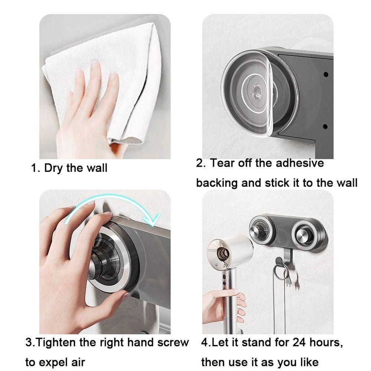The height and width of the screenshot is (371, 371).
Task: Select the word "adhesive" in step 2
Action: (300, 163)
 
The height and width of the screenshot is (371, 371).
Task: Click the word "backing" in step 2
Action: (217, 183)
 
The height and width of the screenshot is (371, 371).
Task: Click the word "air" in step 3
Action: (77, 362)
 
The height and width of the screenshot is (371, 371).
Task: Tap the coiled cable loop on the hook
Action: (280, 269)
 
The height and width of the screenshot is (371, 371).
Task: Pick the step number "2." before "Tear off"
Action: (201, 163)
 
